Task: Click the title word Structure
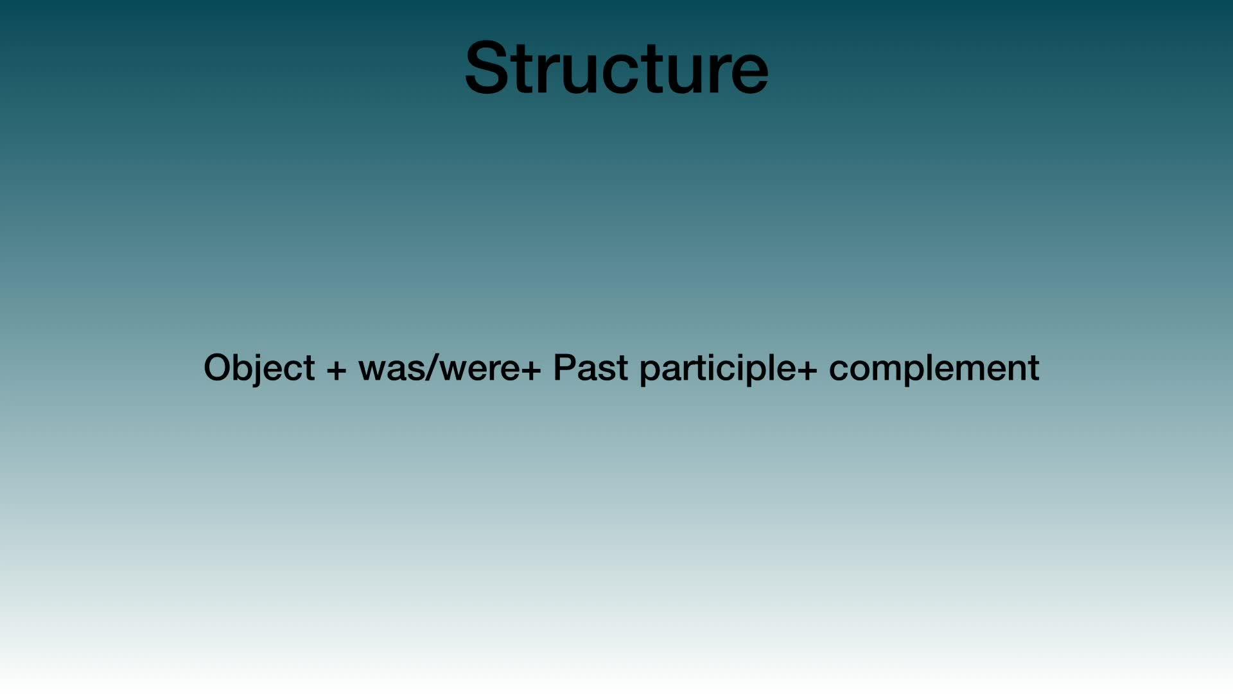click(x=616, y=67)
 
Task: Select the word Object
click(x=259, y=369)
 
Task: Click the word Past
click(x=590, y=368)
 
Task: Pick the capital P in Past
click(x=564, y=368)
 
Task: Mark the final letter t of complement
click(x=1033, y=369)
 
